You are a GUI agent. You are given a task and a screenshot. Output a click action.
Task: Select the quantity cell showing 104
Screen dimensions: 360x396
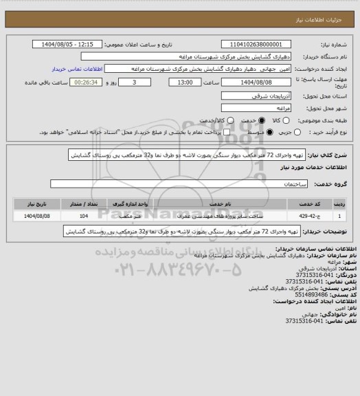[x=83, y=217]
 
